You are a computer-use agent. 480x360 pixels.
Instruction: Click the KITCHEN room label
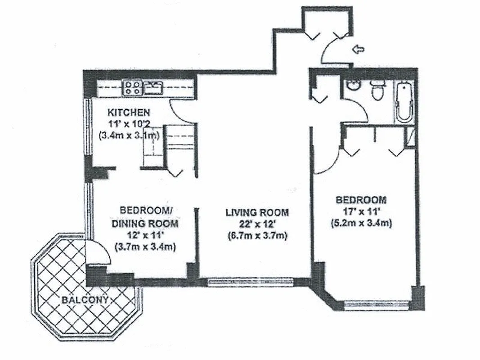tap(128, 112)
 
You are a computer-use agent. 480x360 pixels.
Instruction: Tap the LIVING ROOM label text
tap(257, 212)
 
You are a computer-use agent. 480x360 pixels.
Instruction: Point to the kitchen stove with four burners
tap(133, 87)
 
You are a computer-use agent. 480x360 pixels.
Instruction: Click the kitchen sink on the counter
tap(153, 87)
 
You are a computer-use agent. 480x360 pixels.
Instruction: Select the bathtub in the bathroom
tap(404, 101)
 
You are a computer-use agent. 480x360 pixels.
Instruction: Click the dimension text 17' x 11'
tap(361, 211)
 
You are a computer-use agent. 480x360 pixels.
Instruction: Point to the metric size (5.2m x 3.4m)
tap(361, 222)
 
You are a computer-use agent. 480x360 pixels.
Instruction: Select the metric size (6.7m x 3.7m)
tap(257, 235)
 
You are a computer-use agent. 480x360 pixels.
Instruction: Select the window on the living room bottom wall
tap(250, 282)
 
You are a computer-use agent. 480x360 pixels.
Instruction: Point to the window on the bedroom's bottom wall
tap(377, 306)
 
